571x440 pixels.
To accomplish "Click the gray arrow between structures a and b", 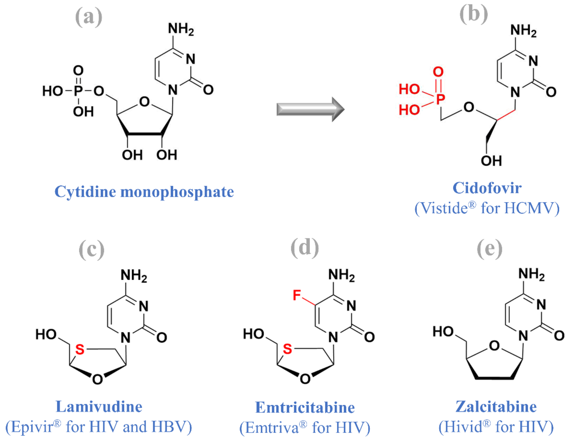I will tap(310, 109).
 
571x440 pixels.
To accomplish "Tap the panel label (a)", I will tap(89, 17).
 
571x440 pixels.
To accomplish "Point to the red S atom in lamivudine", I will tap(80, 350).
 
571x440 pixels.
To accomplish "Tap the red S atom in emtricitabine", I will tap(287, 349).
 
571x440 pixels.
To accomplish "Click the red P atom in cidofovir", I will tap(441, 99).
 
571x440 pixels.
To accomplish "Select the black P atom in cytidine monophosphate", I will tap(78, 91).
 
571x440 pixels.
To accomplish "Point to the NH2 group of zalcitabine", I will tap(531, 274).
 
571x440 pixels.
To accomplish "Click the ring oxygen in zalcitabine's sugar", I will tap(494, 346).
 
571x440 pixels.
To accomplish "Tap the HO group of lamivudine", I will tap(46, 334).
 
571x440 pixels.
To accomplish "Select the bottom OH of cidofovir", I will tap(491, 161).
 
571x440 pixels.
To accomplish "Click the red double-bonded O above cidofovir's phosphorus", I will tap(438, 72).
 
